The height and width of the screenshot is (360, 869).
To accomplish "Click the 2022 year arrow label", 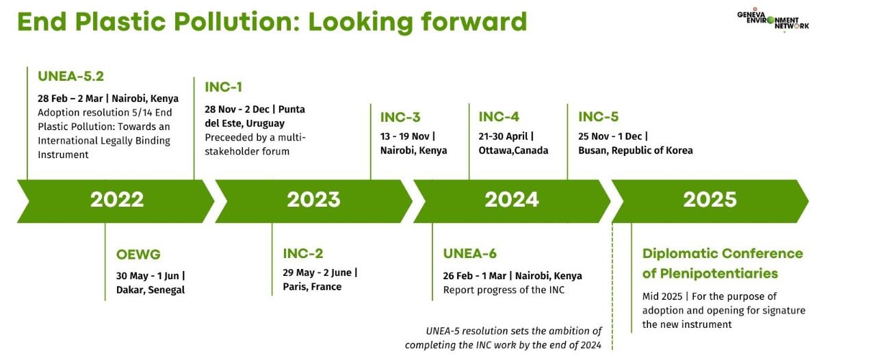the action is coord(117,200).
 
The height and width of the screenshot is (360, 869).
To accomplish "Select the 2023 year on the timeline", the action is coord(313,200).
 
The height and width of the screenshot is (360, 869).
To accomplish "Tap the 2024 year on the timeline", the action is coord(511,200).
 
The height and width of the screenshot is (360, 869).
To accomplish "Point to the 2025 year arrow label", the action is coord(710,200).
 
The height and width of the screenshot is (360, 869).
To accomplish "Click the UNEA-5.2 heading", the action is coord(70,76).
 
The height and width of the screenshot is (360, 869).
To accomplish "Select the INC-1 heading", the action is coord(224,87).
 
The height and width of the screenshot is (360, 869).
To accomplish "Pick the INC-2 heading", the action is coord(303,253).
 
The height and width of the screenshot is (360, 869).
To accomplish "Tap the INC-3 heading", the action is coord(400,117).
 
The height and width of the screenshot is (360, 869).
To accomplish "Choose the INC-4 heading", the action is coord(499,117).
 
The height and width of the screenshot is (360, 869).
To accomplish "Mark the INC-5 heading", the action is coord(598,117).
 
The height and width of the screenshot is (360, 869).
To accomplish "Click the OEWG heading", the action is coord(138,255).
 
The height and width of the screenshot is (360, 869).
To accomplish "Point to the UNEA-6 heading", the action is coord(470,253).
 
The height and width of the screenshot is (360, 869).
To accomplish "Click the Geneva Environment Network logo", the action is coord(773,20).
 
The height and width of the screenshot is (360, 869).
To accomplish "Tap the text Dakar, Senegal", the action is coord(151,290).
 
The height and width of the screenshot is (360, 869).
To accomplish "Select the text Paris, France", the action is coord(312,287).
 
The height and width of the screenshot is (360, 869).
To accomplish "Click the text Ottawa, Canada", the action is coord(513,151).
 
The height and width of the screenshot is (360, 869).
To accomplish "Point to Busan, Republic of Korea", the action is coord(636,151).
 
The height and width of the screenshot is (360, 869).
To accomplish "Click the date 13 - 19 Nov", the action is coord(404,137).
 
